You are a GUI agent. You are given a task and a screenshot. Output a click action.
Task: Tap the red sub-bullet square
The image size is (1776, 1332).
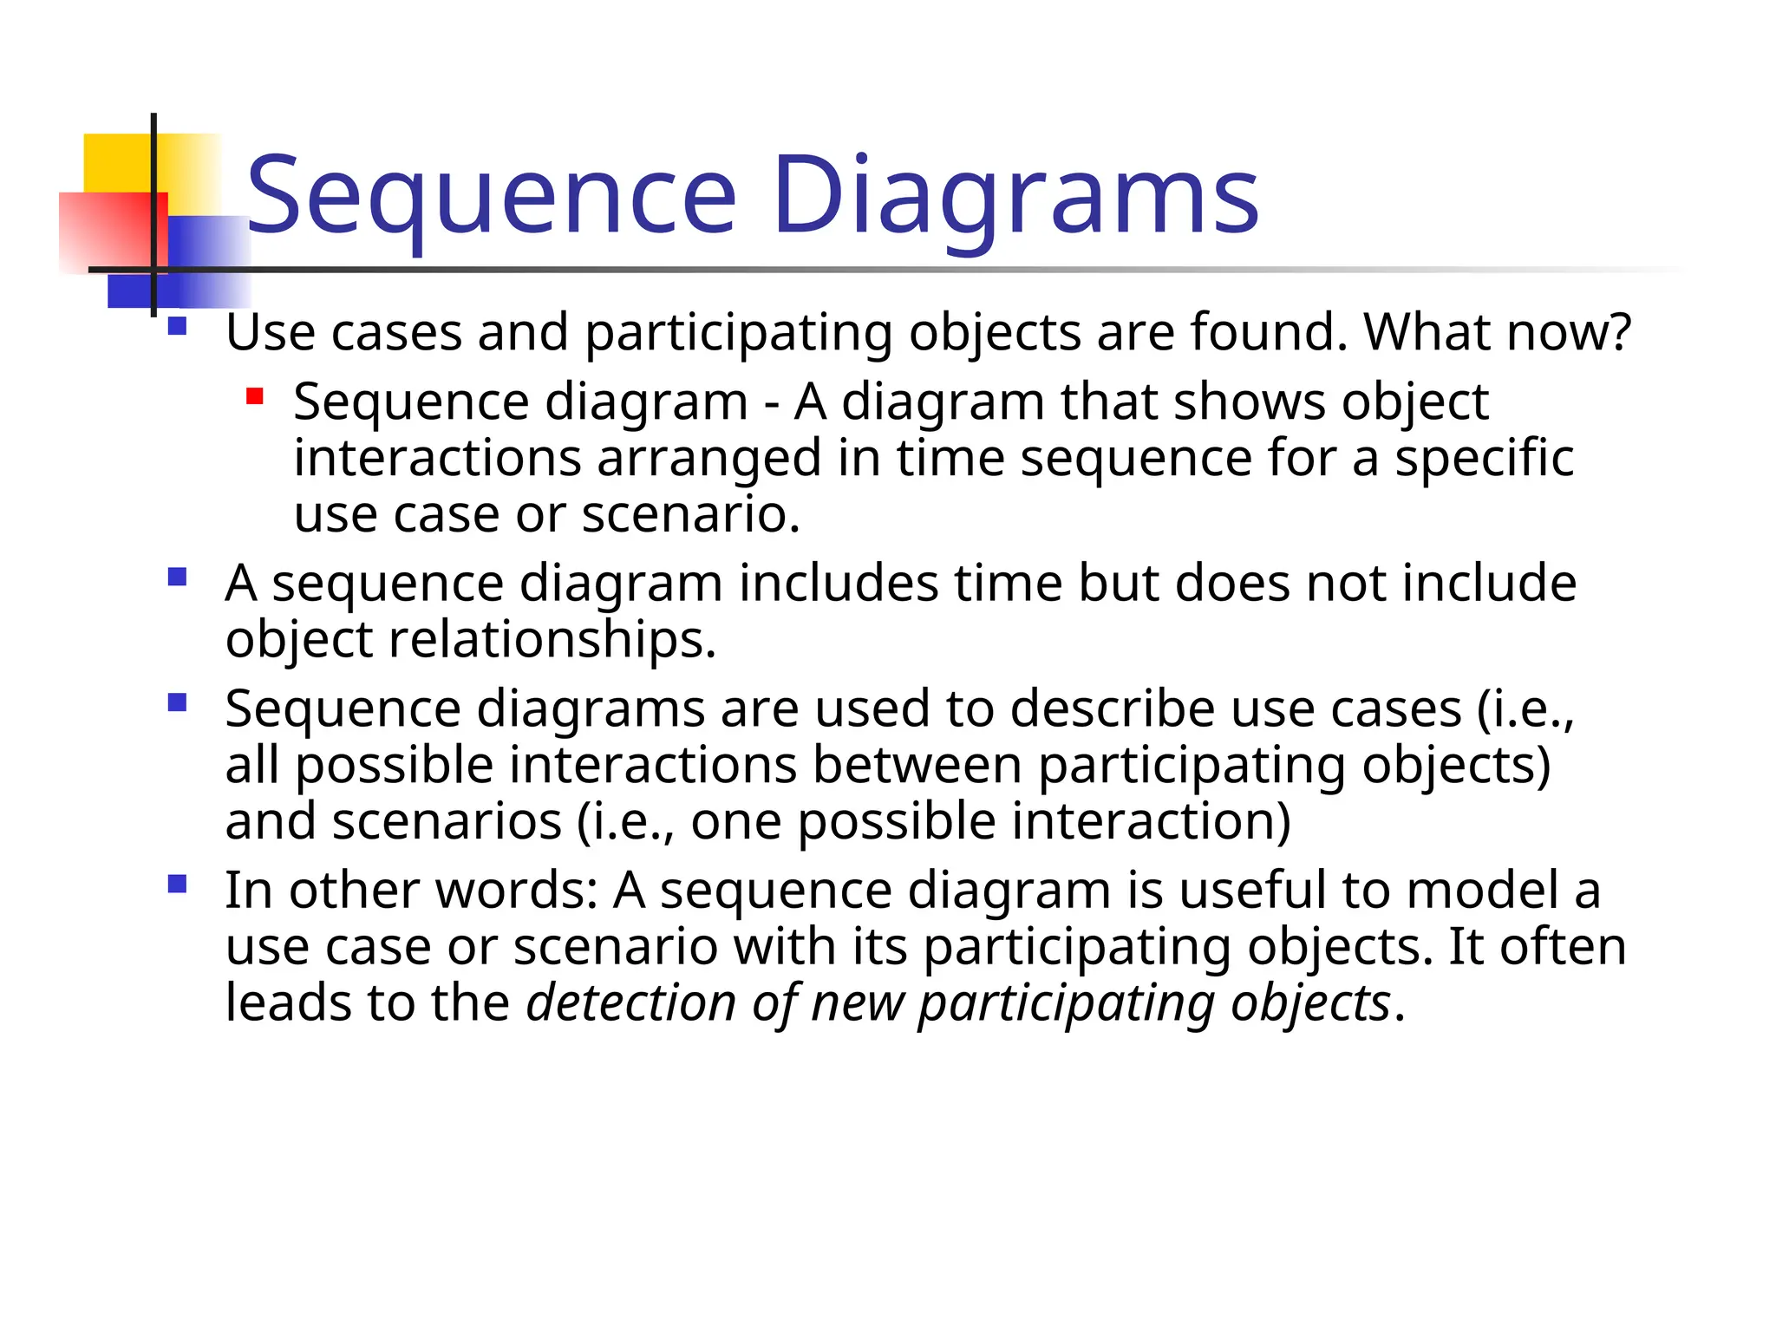coord(254,397)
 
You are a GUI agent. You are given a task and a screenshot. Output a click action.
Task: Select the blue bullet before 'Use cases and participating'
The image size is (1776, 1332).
coord(178,327)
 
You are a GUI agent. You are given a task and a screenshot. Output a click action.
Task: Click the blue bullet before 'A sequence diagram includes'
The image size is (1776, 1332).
coord(178,577)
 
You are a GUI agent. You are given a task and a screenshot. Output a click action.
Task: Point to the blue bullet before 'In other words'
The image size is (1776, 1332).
coord(178,885)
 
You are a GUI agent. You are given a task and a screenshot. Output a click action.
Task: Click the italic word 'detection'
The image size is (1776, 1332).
coord(631,1003)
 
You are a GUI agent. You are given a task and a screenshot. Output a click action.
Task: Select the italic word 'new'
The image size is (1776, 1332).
coord(858,1003)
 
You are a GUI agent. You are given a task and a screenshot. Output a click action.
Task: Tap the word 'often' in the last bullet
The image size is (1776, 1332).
coord(1564,947)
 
